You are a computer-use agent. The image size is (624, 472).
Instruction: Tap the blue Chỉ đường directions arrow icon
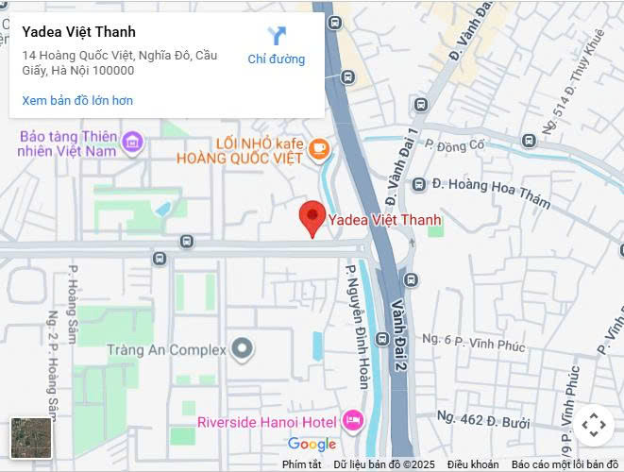coord(276,37)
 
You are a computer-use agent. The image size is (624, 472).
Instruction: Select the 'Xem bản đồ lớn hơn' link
coord(77,100)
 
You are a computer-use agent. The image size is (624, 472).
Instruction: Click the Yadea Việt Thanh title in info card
coord(78,32)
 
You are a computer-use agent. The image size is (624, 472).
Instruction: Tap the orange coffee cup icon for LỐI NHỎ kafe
coord(319,147)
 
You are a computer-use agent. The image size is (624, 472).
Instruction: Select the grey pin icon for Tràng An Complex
coord(243,349)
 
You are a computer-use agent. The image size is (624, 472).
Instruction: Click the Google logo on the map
coord(312,445)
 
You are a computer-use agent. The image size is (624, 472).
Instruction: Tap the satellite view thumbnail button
coord(31,437)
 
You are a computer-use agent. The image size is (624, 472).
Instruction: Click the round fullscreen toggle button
coord(593,426)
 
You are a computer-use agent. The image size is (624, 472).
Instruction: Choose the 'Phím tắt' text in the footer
coord(301,464)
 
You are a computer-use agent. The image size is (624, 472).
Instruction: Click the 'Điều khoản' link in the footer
coord(472,464)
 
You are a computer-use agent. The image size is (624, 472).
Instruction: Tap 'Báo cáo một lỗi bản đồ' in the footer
coord(565,464)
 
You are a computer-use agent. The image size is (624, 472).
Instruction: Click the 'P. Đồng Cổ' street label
coord(454,144)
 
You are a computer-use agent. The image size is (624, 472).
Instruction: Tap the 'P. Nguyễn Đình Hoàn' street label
coord(357,326)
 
